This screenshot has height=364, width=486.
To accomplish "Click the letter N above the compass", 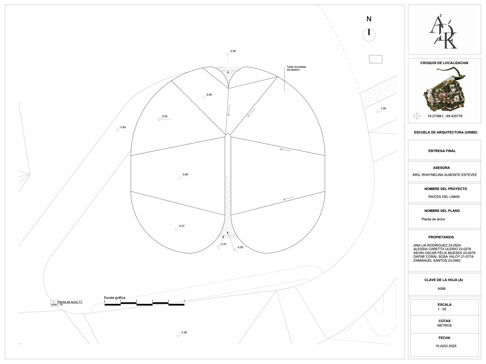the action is click(x=369, y=19).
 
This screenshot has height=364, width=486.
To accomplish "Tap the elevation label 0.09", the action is click(x=209, y=95).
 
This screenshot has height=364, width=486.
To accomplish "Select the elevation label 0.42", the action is click(x=165, y=116).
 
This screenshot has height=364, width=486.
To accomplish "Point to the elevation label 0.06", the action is click(x=185, y=175).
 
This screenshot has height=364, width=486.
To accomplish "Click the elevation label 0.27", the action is click(x=182, y=226).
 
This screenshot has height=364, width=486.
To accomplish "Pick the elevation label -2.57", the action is click(x=223, y=244).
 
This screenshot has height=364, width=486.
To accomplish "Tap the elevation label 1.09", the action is click(x=383, y=108).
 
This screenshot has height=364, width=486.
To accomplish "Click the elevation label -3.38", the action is click(x=184, y=333).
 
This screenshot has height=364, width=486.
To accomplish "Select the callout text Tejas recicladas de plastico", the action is click(x=296, y=68).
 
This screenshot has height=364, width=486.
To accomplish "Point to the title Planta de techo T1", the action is click(x=70, y=302).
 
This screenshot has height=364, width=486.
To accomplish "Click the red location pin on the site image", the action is click(x=444, y=95).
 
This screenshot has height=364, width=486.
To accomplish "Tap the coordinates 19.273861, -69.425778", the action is click(x=445, y=116).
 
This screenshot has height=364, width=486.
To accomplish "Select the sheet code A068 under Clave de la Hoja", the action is click(x=442, y=289).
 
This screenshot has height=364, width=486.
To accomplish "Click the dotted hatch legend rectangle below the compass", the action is click(x=376, y=59).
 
